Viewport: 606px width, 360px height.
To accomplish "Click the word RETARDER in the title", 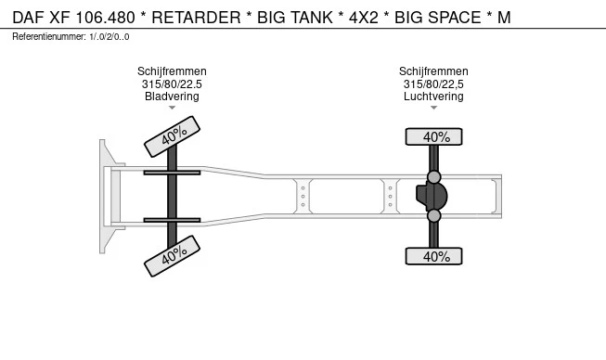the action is (196, 18).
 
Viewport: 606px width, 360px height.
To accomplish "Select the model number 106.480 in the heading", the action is (105, 18).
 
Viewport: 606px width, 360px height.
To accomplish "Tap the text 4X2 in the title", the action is (363, 18).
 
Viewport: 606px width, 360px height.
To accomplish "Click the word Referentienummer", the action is (49, 37).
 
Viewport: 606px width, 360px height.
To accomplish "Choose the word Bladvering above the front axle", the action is (172, 96).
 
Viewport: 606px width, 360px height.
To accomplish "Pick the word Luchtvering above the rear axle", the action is (433, 96).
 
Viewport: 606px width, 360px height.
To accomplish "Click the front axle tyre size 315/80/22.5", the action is (172, 84).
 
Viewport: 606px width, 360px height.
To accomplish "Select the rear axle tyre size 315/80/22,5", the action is (433, 84).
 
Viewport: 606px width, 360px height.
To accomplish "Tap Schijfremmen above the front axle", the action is (172, 71).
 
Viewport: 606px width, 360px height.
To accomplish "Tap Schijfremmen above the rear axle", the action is (433, 71).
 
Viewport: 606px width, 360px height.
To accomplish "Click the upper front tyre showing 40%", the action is (172, 136).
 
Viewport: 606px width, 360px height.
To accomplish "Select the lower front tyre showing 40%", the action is (172, 256).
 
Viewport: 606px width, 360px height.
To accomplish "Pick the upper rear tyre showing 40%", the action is (433, 136).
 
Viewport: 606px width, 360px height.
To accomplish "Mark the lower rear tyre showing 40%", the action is (433, 256).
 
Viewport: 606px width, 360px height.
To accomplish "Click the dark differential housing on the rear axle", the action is (432, 196).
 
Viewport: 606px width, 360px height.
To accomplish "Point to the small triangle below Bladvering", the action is (172, 108).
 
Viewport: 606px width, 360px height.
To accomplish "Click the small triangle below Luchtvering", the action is (433, 108).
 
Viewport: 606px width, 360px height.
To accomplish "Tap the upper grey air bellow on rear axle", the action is (434, 177).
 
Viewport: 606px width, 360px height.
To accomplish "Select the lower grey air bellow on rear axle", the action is (434, 215).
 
